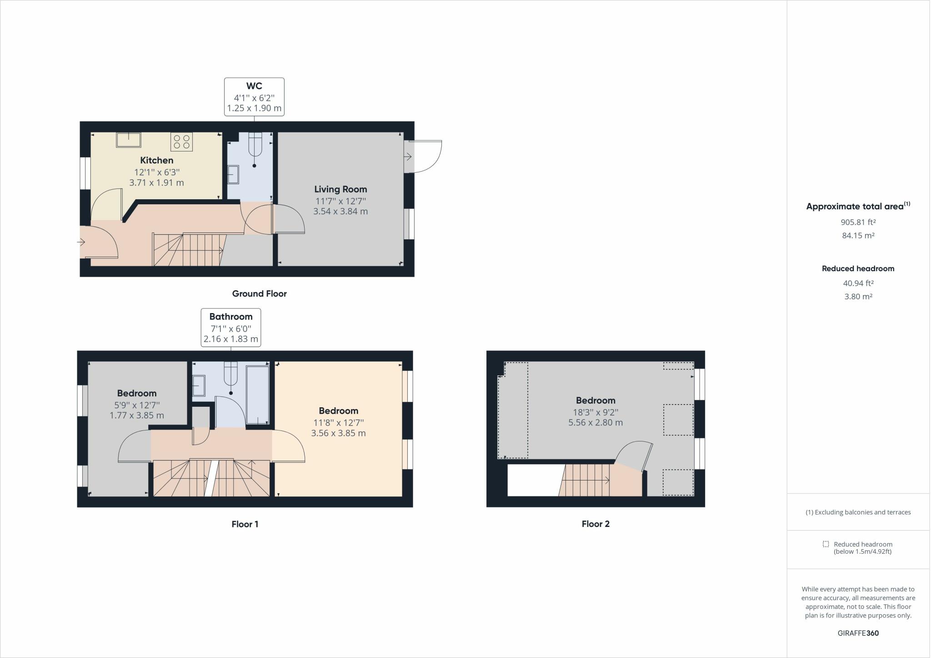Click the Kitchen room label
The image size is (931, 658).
click(156, 160)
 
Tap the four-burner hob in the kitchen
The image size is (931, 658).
click(181, 142)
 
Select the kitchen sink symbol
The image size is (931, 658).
click(128, 140)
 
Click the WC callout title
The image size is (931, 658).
click(254, 86)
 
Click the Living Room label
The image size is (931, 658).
click(340, 189)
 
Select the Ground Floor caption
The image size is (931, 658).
click(259, 294)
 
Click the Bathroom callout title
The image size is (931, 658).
click(231, 317)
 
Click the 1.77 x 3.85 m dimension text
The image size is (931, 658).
click(137, 415)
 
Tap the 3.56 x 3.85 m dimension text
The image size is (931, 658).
click(338, 433)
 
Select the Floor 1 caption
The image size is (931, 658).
click(245, 524)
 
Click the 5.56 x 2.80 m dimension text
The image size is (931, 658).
click(596, 422)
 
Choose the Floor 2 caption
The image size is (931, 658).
click(596, 524)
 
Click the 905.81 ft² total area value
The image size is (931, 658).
click(858, 223)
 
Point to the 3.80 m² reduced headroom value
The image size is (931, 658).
click(858, 297)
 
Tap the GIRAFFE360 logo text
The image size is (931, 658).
click(858, 633)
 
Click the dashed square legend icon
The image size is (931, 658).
click(826, 544)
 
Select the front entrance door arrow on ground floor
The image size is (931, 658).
click(82, 243)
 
